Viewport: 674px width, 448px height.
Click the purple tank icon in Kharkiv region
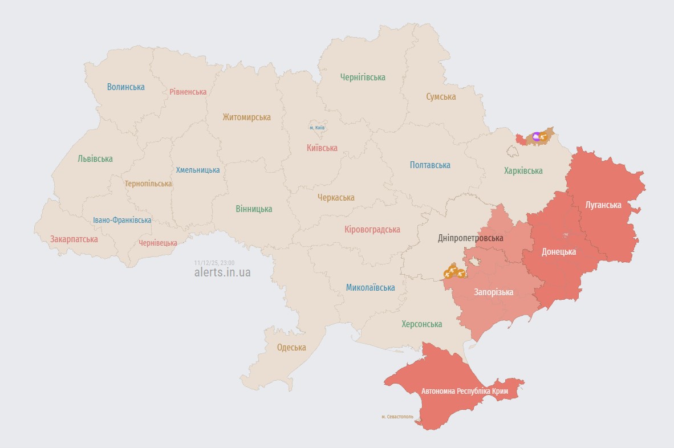536,136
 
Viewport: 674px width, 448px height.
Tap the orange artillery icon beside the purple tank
544,137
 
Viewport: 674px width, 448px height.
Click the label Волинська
125,87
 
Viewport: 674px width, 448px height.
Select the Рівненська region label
188,92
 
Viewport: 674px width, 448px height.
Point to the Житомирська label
246,117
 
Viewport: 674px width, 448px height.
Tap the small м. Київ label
317,128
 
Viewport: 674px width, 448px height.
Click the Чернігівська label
363,78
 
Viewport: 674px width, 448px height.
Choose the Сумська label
441,97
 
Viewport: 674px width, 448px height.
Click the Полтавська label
430,165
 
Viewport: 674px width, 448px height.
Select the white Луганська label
603,205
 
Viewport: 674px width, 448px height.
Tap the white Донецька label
559,252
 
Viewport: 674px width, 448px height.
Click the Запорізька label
494,292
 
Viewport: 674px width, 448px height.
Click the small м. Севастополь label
397,417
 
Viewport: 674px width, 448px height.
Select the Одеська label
291,348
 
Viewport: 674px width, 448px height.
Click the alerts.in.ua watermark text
222,272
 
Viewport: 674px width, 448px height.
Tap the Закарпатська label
74,239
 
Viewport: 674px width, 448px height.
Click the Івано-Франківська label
123,220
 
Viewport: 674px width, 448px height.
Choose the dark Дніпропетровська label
470,238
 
